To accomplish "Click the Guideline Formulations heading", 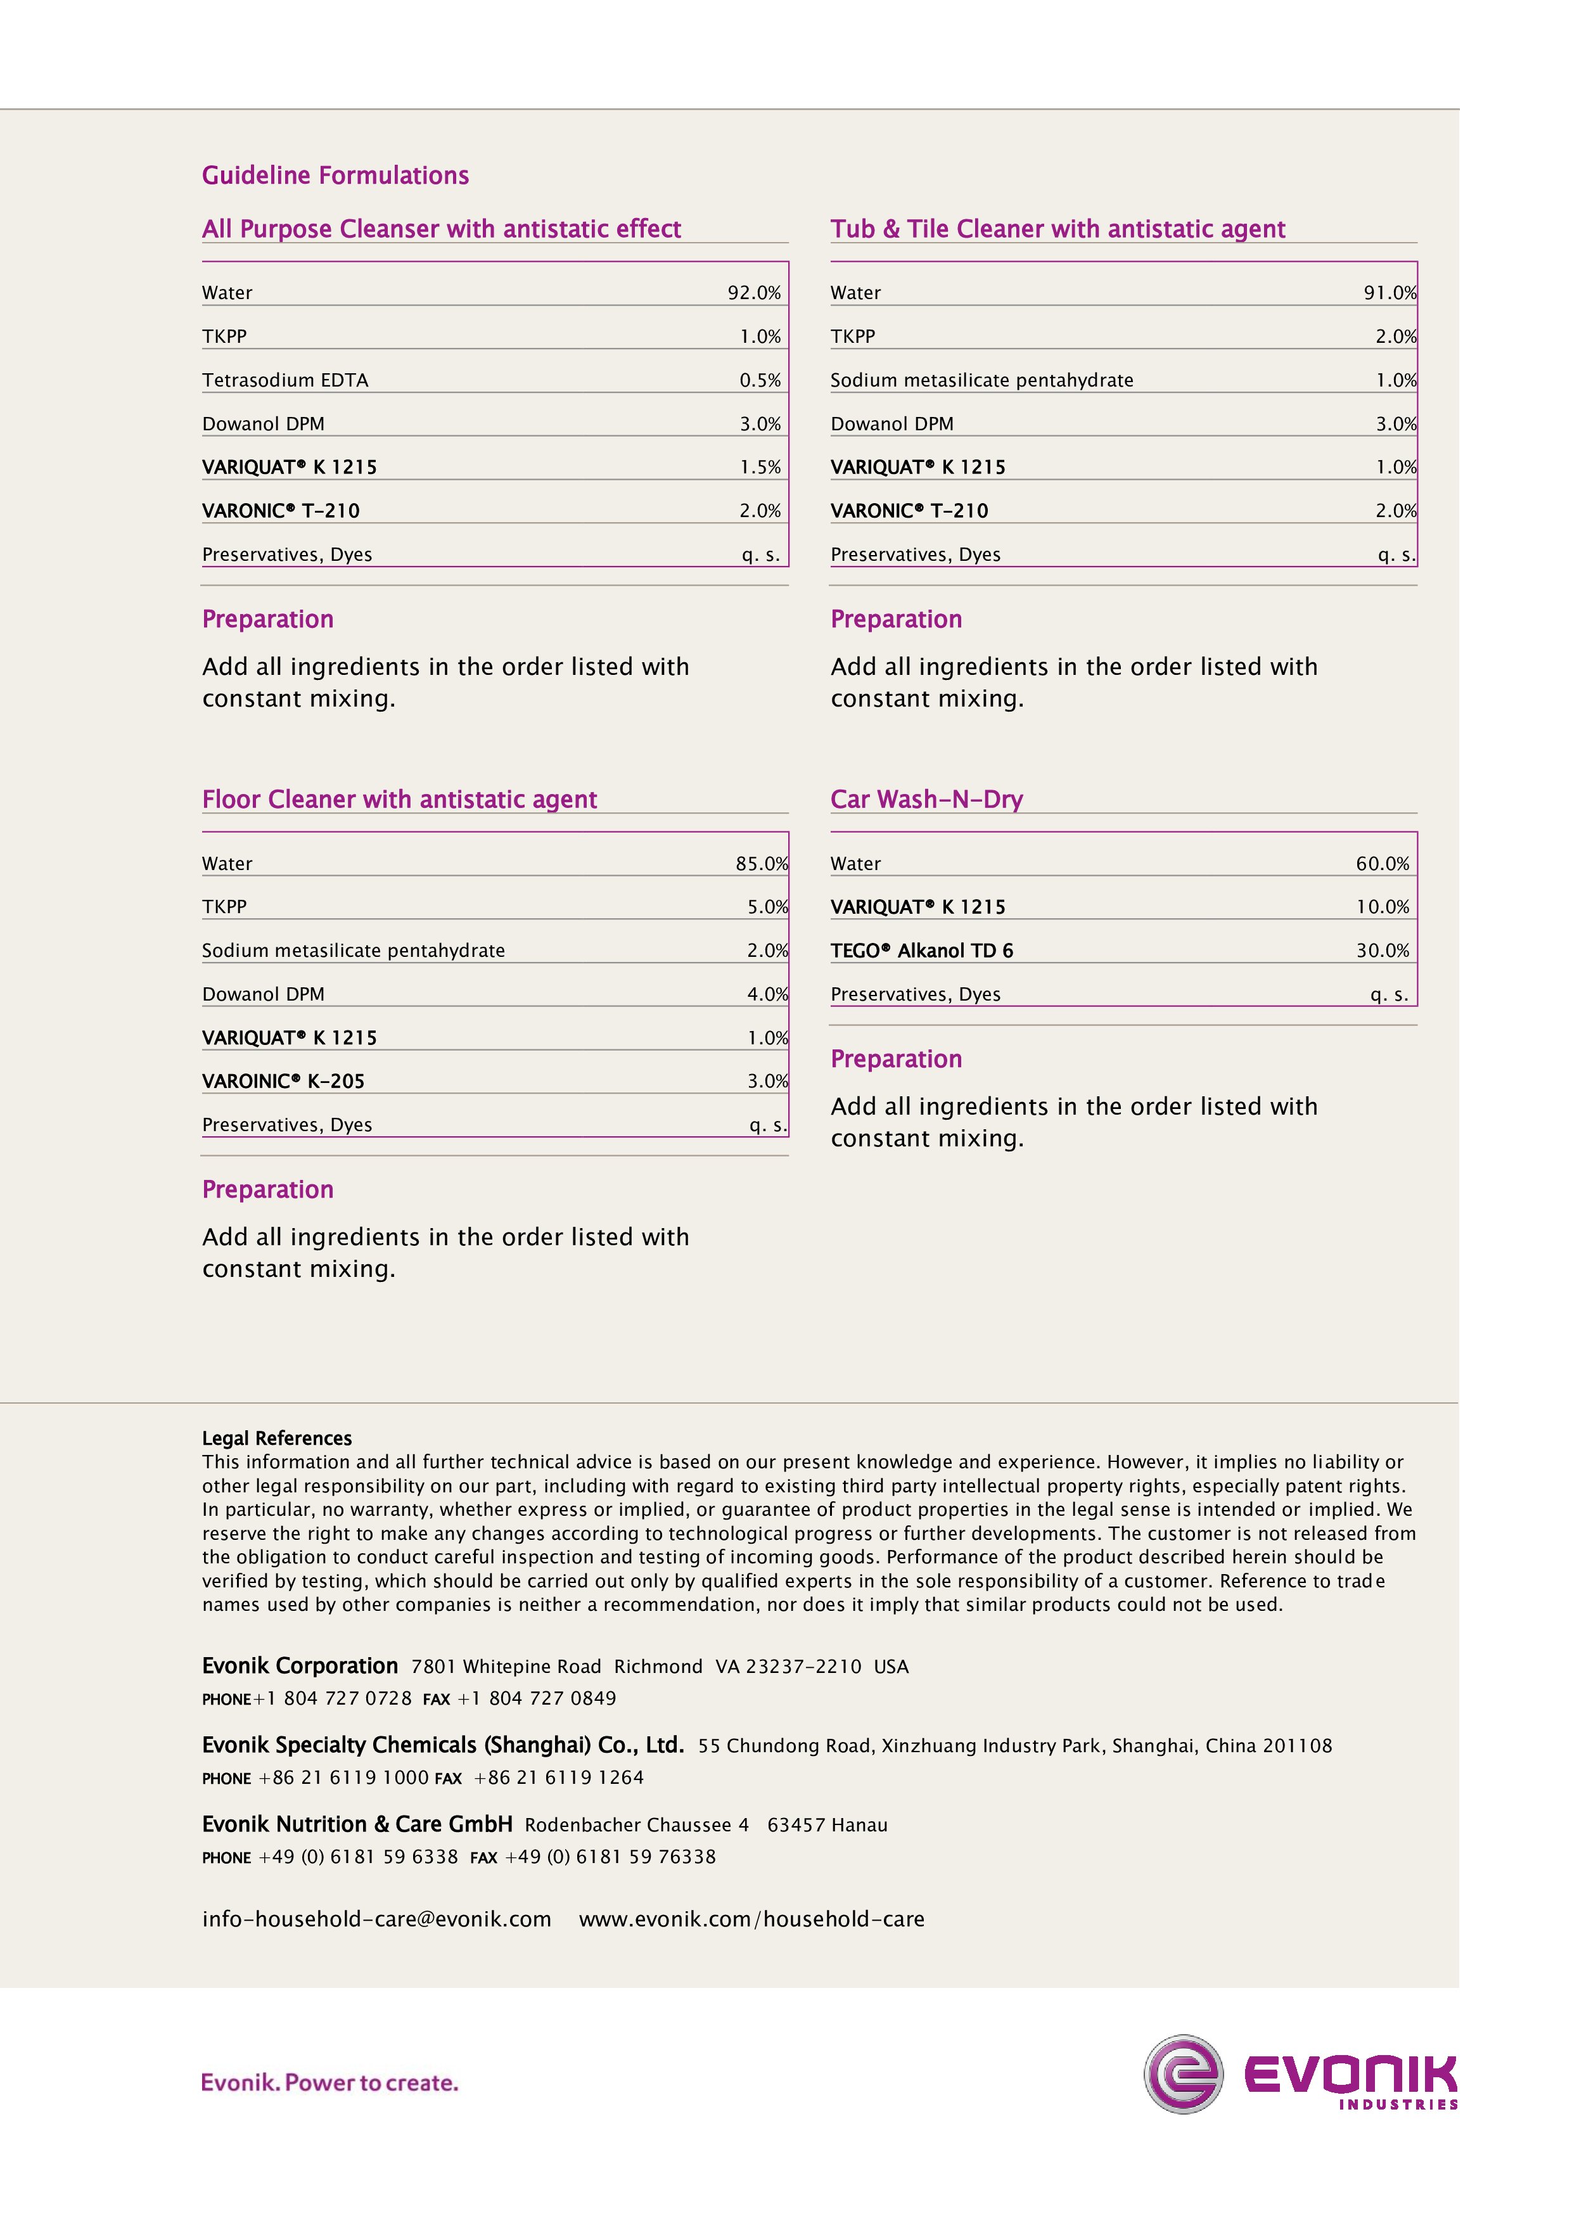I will click(335, 176).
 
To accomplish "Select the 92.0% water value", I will click(753, 292).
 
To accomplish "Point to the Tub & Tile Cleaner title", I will click(1057, 229).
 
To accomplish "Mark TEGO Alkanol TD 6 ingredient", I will click(921, 950).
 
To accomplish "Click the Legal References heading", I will click(277, 1438).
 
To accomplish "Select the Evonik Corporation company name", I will click(300, 1665).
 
